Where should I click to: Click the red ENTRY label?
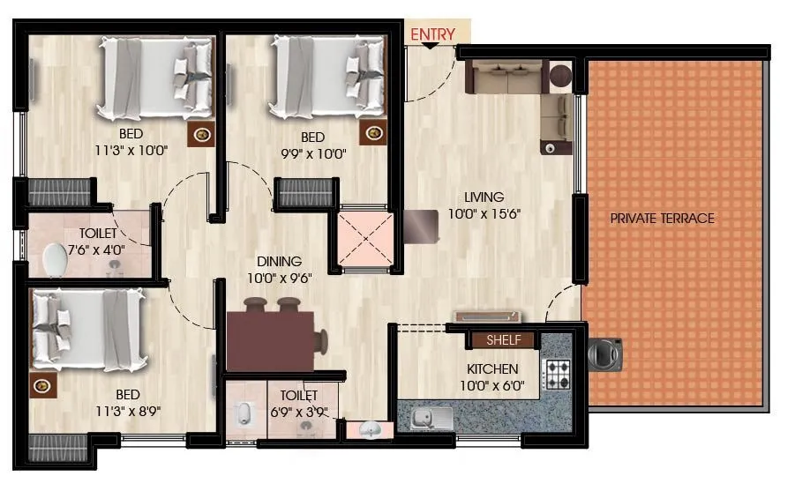pos(432,34)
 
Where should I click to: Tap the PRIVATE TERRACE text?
pos(663,219)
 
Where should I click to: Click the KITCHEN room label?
pos(492,369)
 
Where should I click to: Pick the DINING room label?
pos(279,262)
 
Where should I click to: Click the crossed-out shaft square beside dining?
pos(364,238)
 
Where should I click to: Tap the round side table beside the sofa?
pos(561,76)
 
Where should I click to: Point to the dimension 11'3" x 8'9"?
pos(129,410)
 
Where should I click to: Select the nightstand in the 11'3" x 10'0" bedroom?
pos(203,134)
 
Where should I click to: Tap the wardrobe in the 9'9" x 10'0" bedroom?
pos(306,192)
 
